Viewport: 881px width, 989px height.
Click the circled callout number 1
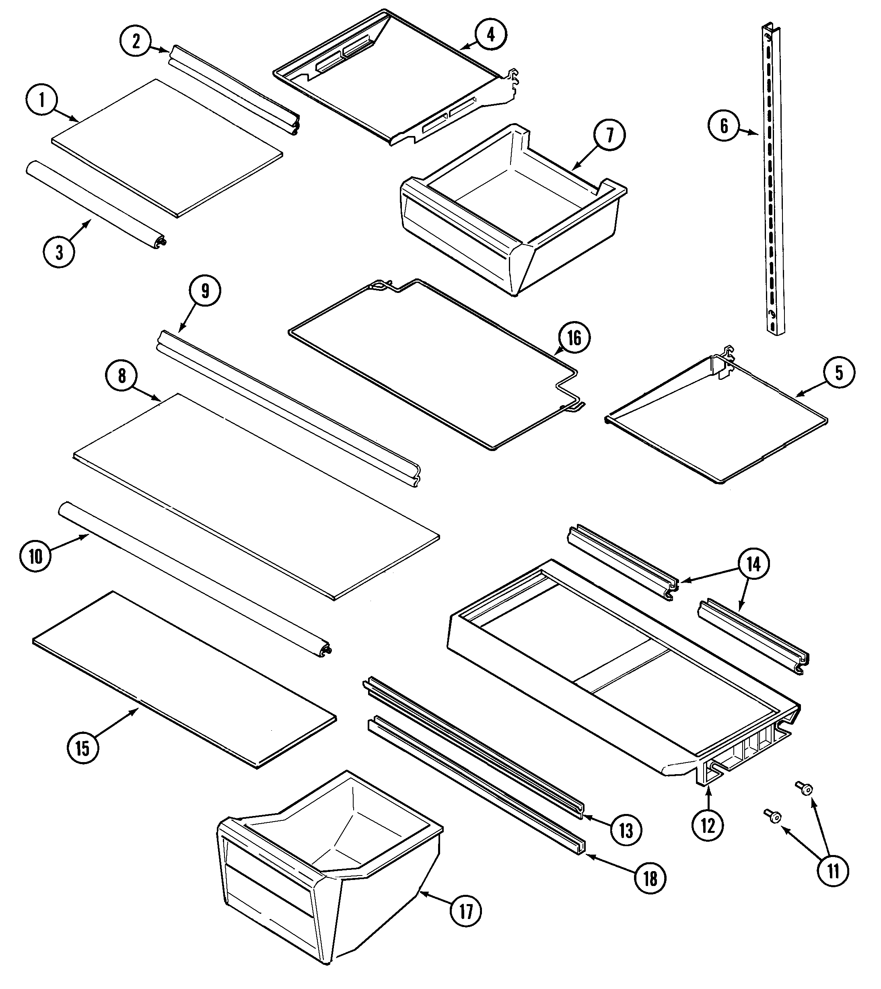click(41, 100)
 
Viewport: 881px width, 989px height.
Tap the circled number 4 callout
click(491, 34)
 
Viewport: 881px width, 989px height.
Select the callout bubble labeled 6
click(724, 126)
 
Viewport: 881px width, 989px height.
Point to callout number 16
click(574, 338)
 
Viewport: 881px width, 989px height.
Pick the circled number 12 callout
click(708, 826)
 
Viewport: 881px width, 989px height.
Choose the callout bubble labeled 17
click(466, 912)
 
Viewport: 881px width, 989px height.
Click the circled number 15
click(83, 748)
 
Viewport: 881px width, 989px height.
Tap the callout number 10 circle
click(36, 557)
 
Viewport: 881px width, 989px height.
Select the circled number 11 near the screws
click(833, 872)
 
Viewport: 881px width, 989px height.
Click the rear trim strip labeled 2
click(233, 91)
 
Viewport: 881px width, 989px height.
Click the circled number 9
click(205, 291)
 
